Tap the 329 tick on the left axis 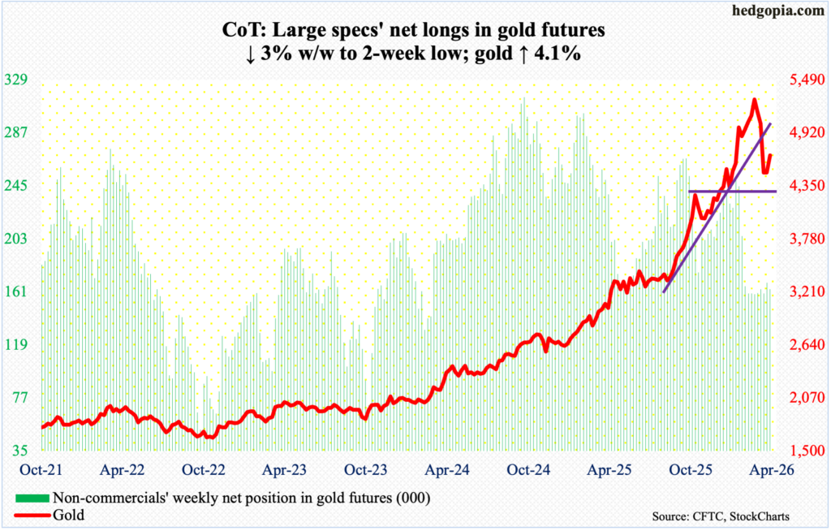tap(16, 80)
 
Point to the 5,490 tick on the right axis tap(798, 80)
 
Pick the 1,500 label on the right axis tap(798, 451)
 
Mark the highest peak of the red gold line tap(754, 100)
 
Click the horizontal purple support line tap(714, 191)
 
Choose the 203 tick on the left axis tap(16, 239)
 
